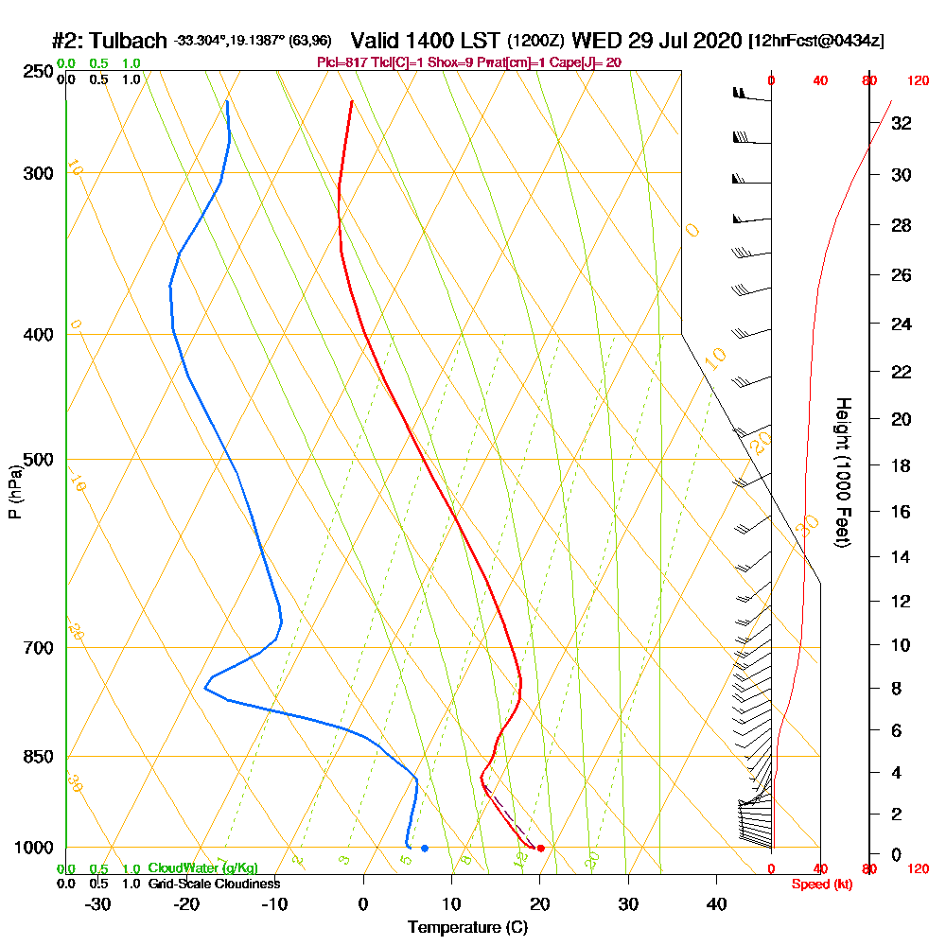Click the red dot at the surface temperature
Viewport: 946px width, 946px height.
click(540, 848)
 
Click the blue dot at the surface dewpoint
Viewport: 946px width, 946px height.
click(425, 848)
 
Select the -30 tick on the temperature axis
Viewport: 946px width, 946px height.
click(97, 903)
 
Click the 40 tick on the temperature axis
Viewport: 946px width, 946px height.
click(716, 903)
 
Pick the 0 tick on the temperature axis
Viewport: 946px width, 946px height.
click(363, 903)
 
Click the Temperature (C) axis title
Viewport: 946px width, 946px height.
click(467, 927)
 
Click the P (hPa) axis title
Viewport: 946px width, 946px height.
click(15, 491)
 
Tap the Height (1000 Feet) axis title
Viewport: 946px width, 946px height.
click(841, 472)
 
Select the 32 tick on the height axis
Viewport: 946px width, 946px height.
click(901, 122)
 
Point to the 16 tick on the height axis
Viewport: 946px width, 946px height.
click(901, 512)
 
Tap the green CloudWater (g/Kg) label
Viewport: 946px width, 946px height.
click(202, 868)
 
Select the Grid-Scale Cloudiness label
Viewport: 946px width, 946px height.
click(214, 884)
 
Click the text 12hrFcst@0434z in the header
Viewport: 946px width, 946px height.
click(815, 42)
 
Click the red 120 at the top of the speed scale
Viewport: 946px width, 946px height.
click(917, 81)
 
